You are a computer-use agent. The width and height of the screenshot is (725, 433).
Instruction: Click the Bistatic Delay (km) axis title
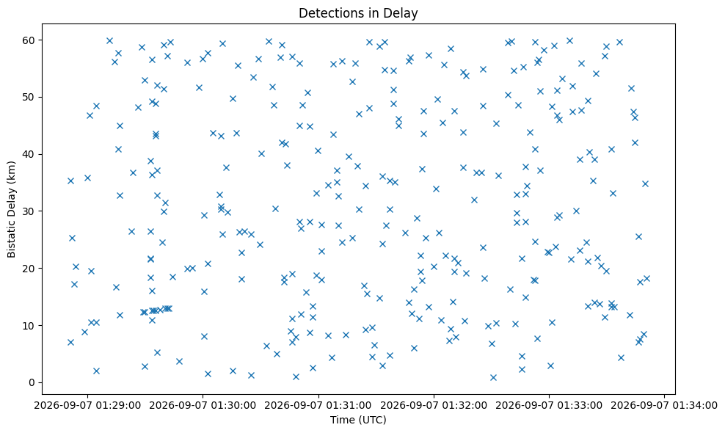(x=11, y=210)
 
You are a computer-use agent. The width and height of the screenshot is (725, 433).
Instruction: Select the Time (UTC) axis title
(x=358, y=420)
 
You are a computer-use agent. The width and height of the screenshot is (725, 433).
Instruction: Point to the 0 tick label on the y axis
(x=32, y=382)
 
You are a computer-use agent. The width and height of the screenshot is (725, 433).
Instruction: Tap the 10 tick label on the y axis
(x=29, y=326)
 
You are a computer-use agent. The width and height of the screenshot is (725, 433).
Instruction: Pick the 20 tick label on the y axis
(x=29, y=269)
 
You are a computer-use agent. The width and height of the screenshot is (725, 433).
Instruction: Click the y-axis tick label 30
(x=29, y=211)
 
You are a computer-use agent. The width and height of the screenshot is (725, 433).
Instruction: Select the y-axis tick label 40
(x=29, y=154)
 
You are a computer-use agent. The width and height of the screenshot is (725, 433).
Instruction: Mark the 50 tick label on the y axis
(x=29, y=97)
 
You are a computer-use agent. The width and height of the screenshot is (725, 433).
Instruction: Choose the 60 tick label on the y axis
(x=29, y=40)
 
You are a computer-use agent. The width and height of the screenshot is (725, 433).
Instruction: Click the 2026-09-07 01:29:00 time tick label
(x=88, y=406)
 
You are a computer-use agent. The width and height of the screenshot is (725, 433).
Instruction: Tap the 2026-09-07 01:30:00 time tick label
(x=203, y=406)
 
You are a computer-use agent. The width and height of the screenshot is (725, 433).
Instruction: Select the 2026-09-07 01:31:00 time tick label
(x=318, y=406)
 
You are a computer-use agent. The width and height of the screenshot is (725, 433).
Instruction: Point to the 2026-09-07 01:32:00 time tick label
(x=434, y=406)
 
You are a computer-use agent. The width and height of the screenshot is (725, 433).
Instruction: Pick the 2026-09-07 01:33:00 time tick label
(x=550, y=406)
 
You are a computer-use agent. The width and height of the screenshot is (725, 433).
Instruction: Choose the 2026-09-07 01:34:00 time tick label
(x=664, y=406)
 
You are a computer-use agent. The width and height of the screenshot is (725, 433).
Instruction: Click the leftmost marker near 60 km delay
(x=109, y=40)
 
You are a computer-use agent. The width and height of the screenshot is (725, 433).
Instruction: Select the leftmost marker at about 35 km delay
(x=70, y=181)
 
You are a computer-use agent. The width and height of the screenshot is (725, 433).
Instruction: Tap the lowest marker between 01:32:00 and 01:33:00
(x=493, y=377)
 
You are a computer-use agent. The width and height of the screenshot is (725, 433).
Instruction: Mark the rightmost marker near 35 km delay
(x=646, y=183)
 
